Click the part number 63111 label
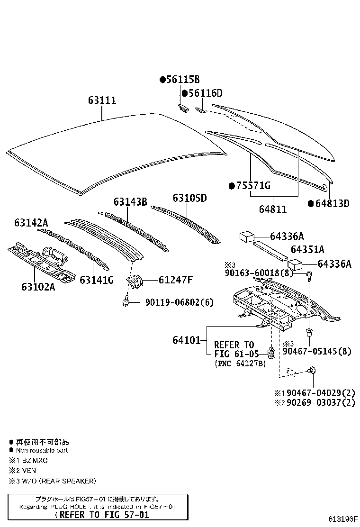click(102, 100)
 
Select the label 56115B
click(183, 80)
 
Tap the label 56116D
click(205, 93)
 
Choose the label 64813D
click(332, 203)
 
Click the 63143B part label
click(130, 201)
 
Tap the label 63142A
click(31, 222)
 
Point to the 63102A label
click(38, 287)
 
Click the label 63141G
click(97, 280)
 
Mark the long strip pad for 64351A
click(270, 249)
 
